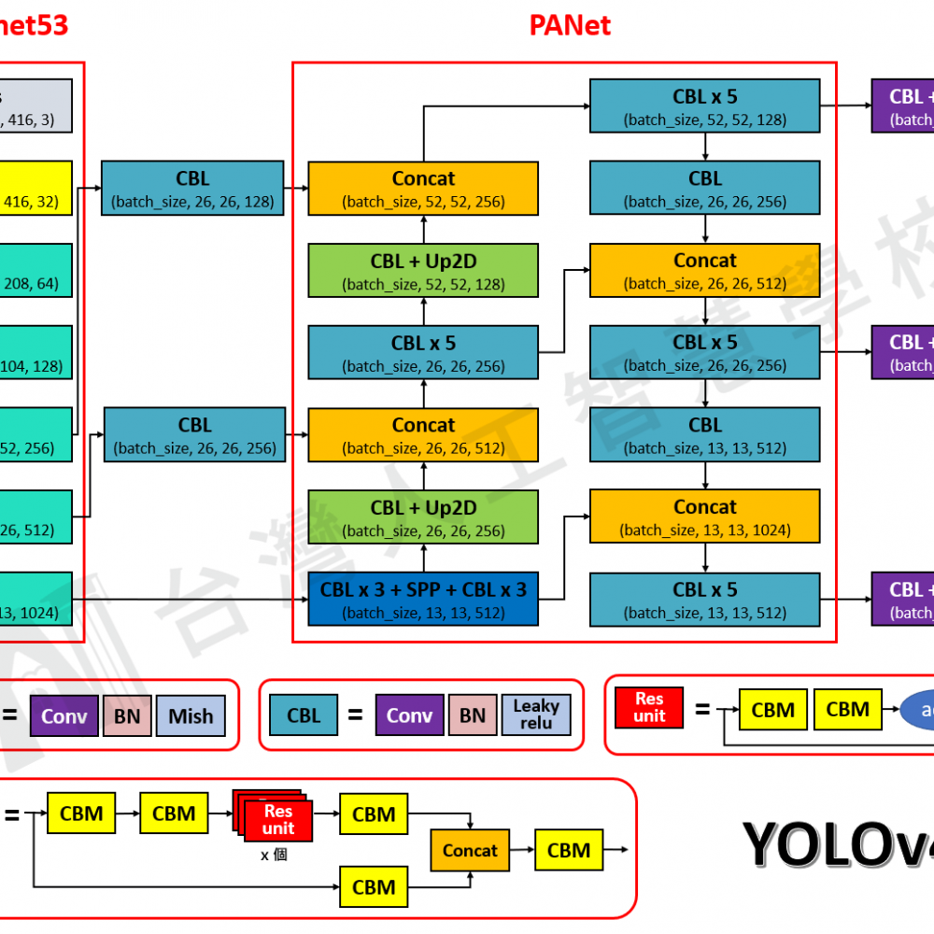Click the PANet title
570,25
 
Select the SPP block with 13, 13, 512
423,599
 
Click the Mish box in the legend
191,716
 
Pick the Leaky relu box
536,715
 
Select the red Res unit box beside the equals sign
649,708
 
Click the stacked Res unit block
276,819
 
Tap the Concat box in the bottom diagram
470,850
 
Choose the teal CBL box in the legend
304,715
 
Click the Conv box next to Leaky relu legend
409,715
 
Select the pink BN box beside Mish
127,716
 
